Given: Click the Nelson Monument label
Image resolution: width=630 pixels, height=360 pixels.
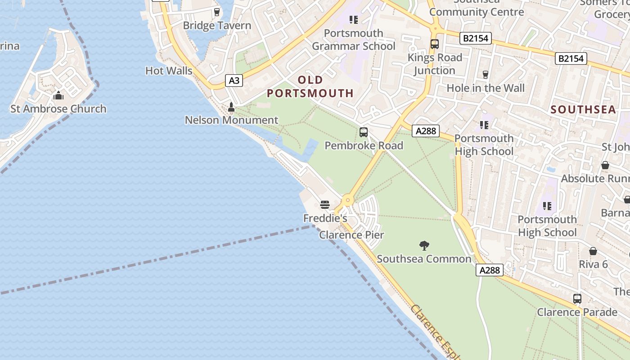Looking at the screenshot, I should [x=231, y=120].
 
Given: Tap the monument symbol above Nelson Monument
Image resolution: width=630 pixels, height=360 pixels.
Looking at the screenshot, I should [x=231, y=107].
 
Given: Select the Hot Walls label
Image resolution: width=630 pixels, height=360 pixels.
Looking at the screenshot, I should [x=169, y=71].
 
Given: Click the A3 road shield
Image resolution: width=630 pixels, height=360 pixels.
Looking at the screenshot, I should [x=234, y=81].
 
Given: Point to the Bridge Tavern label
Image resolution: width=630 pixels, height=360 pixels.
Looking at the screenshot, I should [x=217, y=26].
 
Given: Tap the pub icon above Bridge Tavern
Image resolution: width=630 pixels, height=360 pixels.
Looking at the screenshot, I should [x=217, y=12].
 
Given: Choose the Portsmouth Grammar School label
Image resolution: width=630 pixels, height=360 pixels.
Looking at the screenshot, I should [x=354, y=40].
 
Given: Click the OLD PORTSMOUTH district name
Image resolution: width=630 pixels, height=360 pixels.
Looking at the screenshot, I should [x=310, y=87].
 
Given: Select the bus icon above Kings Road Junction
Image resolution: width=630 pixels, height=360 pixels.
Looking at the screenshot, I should [x=435, y=44].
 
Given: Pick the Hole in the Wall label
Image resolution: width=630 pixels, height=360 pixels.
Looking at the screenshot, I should [x=486, y=88].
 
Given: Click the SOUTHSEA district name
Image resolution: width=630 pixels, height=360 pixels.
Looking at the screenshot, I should [x=583, y=109].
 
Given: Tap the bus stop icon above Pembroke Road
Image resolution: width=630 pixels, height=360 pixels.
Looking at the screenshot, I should [x=364, y=132].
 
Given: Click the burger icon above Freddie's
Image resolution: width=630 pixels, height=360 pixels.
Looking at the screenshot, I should [x=325, y=205].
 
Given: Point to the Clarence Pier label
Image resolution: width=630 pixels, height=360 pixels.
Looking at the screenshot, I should [x=351, y=235].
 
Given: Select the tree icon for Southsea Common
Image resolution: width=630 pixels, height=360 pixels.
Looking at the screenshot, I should [x=424, y=246].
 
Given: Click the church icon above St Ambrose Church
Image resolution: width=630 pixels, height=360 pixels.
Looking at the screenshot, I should [x=58, y=95].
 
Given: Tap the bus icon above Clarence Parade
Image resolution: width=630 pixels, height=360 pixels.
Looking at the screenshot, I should [x=577, y=299].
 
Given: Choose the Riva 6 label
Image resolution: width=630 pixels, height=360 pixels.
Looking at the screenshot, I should [x=593, y=264].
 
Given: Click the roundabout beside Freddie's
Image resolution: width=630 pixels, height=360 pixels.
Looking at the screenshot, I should [x=347, y=200].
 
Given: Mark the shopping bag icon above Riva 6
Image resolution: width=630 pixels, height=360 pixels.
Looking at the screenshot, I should [x=593, y=251].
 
